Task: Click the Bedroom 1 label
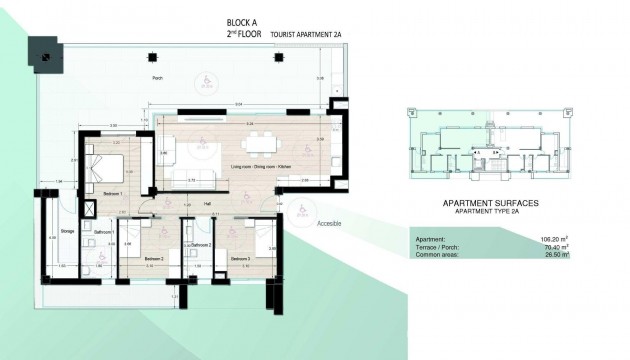pyautogui.click(x=113, y=193)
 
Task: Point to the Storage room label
pyautogui.click(x=67, y=229)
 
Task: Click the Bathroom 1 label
pyautogui.click(x=104, y=232)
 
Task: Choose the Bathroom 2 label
pyautogui.click(x=201, y=244)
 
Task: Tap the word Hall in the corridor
pyautogui.click(x=207, y=204)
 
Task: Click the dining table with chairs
pyautogui.click(x=263, y=140)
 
